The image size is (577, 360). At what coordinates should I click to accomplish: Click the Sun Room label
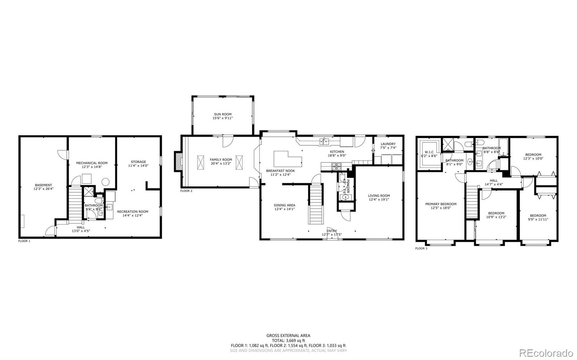[x=223, y=114]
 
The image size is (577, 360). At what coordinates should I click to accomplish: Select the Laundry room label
[x=388, y=144]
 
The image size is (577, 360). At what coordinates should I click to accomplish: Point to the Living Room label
[x=379, y=196]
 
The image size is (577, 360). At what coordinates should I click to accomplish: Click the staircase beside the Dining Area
[x=315, y=204]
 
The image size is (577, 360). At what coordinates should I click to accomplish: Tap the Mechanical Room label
[x=92, y=163]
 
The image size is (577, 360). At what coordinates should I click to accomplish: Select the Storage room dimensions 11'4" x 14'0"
[x=138, y=166]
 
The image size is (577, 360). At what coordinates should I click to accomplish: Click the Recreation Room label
[x=132, y=212]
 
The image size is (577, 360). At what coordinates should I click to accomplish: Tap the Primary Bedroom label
[x=441, y=204]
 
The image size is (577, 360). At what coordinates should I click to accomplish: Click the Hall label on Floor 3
[x=493, y=181]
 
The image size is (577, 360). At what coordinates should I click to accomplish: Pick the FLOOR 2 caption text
[x=186, y=191]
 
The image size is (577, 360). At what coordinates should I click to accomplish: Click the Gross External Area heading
[x=288, y=335]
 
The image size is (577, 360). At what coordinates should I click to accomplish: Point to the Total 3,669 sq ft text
[x=288, y=340]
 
